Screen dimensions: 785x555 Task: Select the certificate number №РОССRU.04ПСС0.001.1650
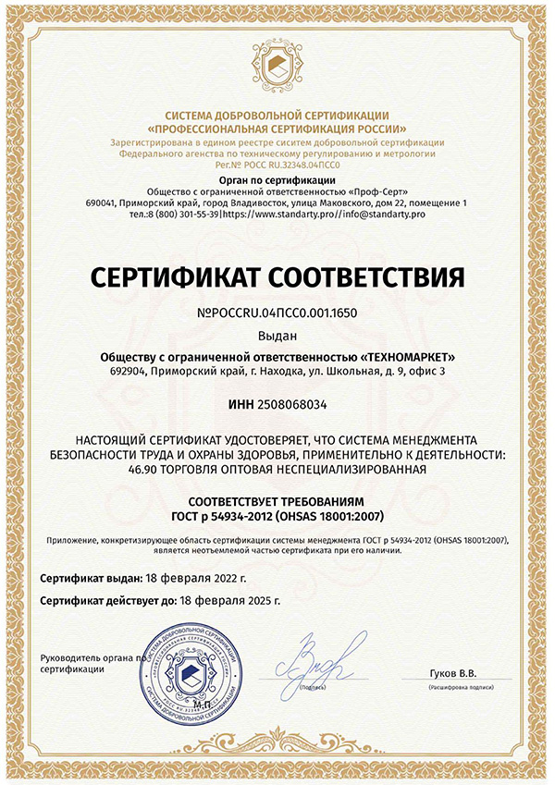click(x=277, y=313)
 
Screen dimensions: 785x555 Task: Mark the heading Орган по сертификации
click(x=277, y=178)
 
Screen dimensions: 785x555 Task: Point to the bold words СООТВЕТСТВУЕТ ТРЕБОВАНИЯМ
click(x=277, y=500)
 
